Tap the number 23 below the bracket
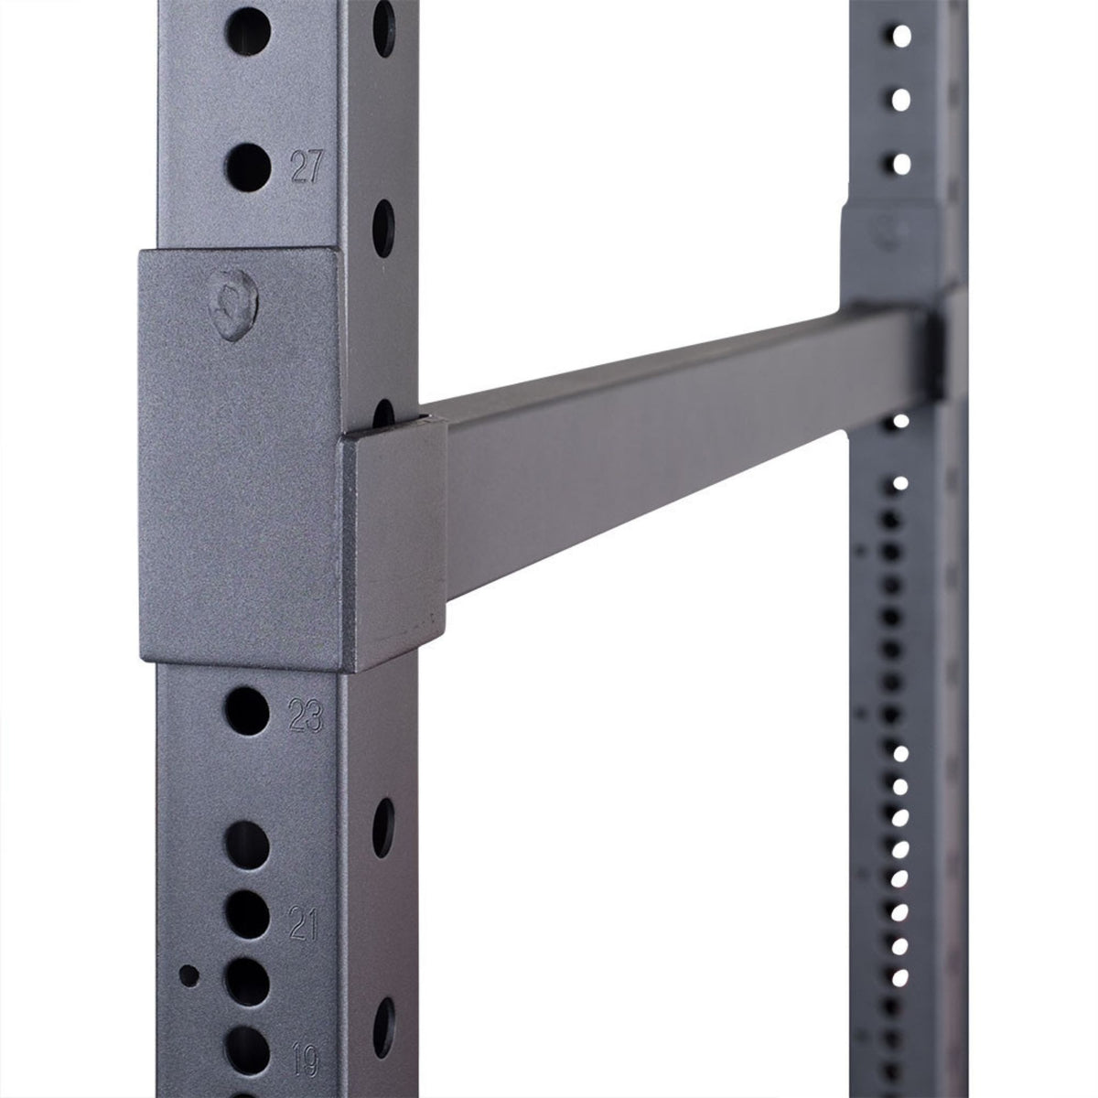click(306, 716)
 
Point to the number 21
click(303, 901)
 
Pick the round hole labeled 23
click(245, 709)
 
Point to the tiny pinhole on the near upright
click(188, 975)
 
